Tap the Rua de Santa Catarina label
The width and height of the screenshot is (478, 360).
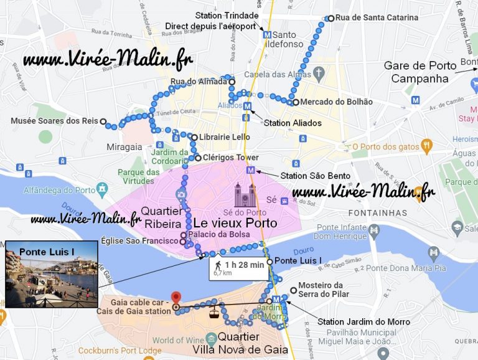[x=377, y=18]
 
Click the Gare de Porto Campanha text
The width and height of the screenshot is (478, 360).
[x=416, y=72]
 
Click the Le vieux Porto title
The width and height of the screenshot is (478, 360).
[x=235, y=222]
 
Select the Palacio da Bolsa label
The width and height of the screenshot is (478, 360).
[x=218, y=234]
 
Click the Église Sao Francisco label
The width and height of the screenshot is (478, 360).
[x=147, y=242]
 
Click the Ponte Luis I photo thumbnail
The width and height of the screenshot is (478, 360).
[x=51, y=275]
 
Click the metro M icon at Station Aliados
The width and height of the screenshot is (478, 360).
[x=247, y=107]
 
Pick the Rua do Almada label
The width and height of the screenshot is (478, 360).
[x=199, y=82]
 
